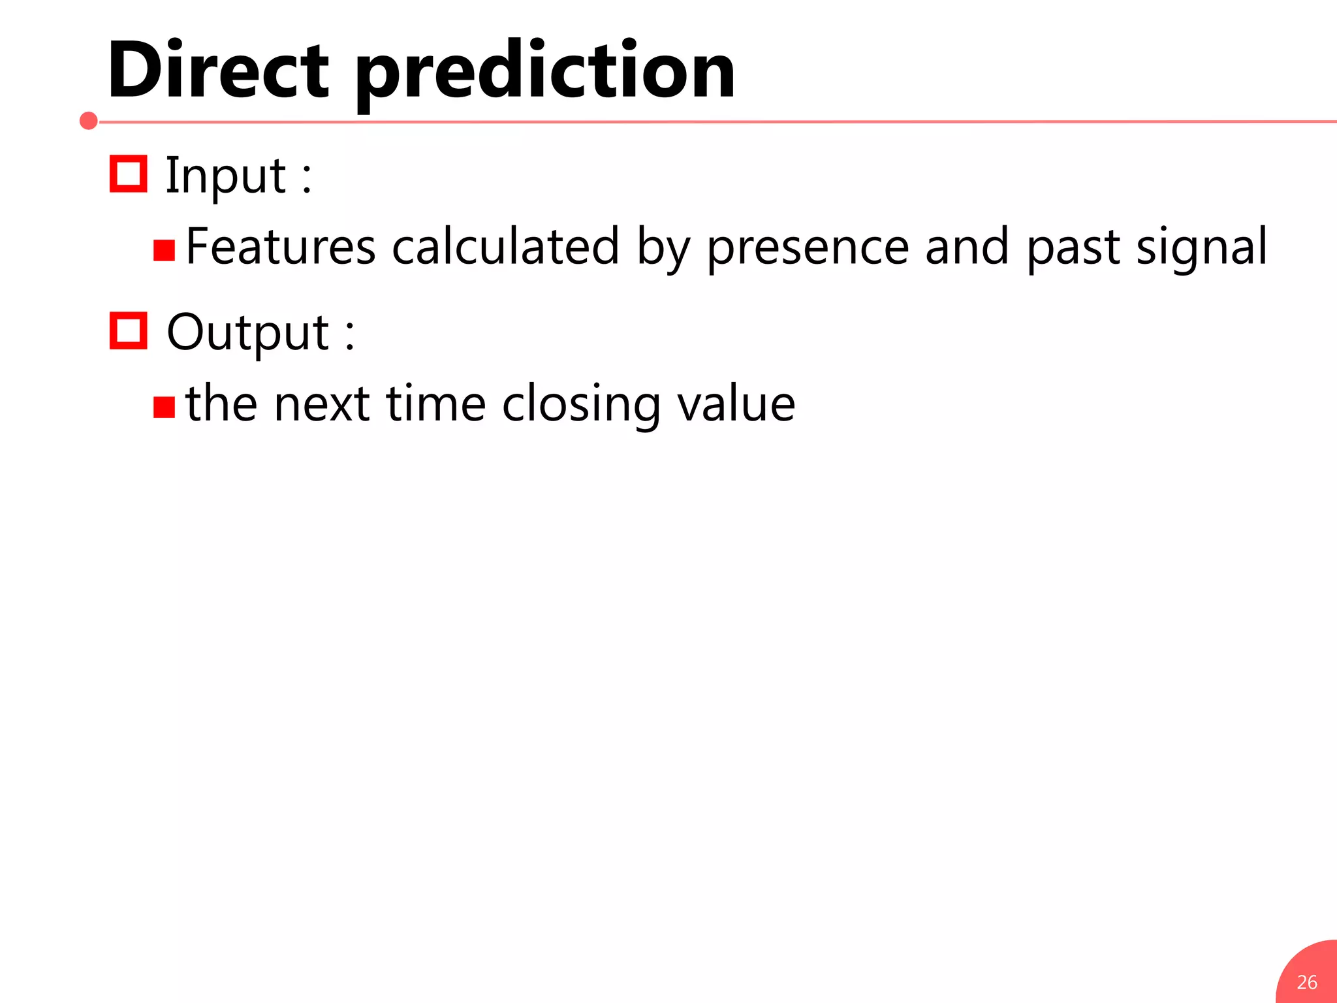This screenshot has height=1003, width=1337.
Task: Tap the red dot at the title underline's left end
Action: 89,121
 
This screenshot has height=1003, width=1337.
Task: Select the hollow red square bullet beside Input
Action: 128,174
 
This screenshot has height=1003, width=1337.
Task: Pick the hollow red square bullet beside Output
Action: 128,330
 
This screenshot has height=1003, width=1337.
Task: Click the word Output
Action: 247,332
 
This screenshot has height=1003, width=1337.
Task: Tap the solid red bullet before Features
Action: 164,250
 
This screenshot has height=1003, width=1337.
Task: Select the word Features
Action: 281,247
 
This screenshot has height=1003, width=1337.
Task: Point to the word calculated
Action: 505,247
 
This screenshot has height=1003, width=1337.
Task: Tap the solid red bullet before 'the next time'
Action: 164,407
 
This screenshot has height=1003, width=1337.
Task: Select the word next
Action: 322,404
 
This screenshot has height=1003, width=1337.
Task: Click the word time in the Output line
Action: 435,404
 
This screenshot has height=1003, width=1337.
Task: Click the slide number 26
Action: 1307,982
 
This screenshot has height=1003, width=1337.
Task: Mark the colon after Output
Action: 350,334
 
